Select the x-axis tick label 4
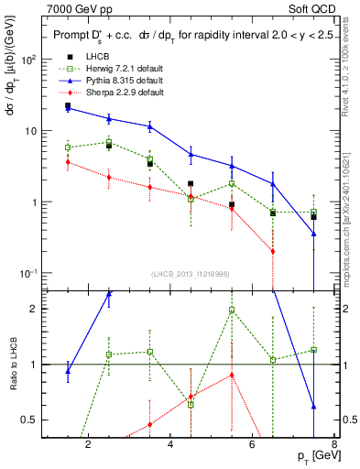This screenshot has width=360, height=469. coord(170,445)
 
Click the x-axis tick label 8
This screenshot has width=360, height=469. coord(334,445)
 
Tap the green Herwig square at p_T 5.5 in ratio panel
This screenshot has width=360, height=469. coord(232,310)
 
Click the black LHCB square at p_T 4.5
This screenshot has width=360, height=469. coord(191,184)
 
